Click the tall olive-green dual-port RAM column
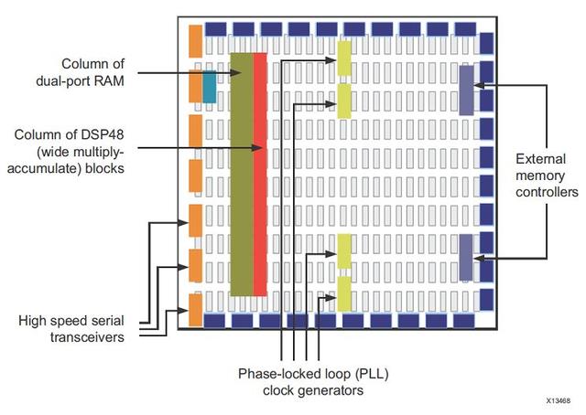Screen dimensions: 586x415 242,175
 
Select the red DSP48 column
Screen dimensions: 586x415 260,175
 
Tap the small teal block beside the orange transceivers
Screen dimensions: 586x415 210,87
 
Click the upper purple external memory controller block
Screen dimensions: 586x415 466,90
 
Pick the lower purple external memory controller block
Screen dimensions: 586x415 466,257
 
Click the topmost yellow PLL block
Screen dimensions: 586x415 344,59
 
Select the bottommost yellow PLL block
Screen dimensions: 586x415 344,293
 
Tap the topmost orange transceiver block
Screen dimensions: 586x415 195,41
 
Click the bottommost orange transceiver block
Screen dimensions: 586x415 195,310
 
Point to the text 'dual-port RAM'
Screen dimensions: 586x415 80,81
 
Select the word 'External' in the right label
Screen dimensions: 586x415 541,159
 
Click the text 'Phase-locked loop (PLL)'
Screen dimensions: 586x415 313,374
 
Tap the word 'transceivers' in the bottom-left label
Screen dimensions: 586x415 87,337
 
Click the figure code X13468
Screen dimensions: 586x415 559,400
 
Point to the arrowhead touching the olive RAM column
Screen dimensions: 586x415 235,73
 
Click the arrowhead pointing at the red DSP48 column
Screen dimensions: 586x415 256,148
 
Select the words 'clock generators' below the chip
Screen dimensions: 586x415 313,390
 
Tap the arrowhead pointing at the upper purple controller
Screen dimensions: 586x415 479,85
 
